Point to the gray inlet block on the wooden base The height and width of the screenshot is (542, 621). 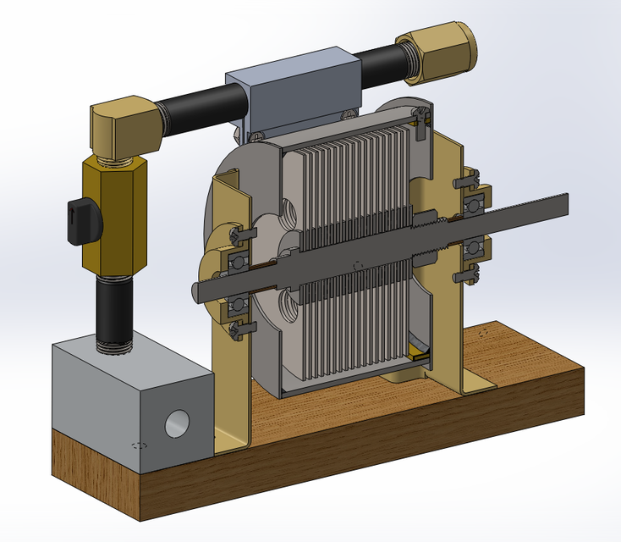click(x=127, y=398)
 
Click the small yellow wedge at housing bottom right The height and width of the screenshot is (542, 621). click(x=416, y=353)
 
